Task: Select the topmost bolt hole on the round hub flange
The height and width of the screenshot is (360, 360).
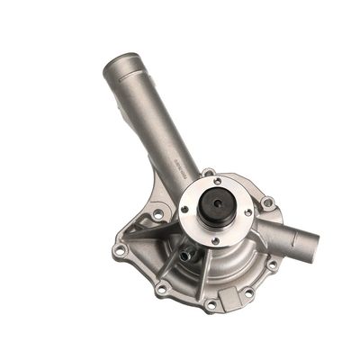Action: [217, 181]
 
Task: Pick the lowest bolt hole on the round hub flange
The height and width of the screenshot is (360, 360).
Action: [214, 239]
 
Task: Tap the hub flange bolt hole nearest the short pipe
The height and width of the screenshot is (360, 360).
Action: [247, 213]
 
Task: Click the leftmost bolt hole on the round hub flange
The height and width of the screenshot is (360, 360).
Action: [184, 209]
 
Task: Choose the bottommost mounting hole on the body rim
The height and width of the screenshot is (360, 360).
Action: [210, 305]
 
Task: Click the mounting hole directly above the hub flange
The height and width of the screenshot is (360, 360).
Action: [209, 172]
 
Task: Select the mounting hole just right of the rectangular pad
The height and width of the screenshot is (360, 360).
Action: [250, 292]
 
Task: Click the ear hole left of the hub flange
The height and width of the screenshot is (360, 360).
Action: [158, 214]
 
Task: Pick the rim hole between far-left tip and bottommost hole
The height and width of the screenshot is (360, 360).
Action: [162, 289]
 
